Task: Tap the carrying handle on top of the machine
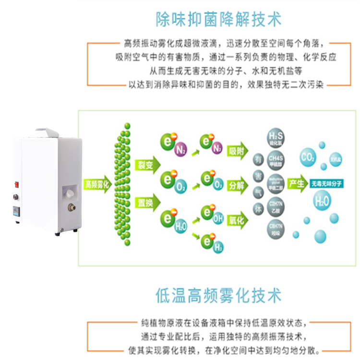(47, 132)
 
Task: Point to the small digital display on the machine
(17, 210)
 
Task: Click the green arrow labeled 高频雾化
(98, 184)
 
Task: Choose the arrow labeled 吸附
(238, 151)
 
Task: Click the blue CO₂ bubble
(308, 157)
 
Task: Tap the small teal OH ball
(218, 219)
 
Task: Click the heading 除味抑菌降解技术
(218, 19)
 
